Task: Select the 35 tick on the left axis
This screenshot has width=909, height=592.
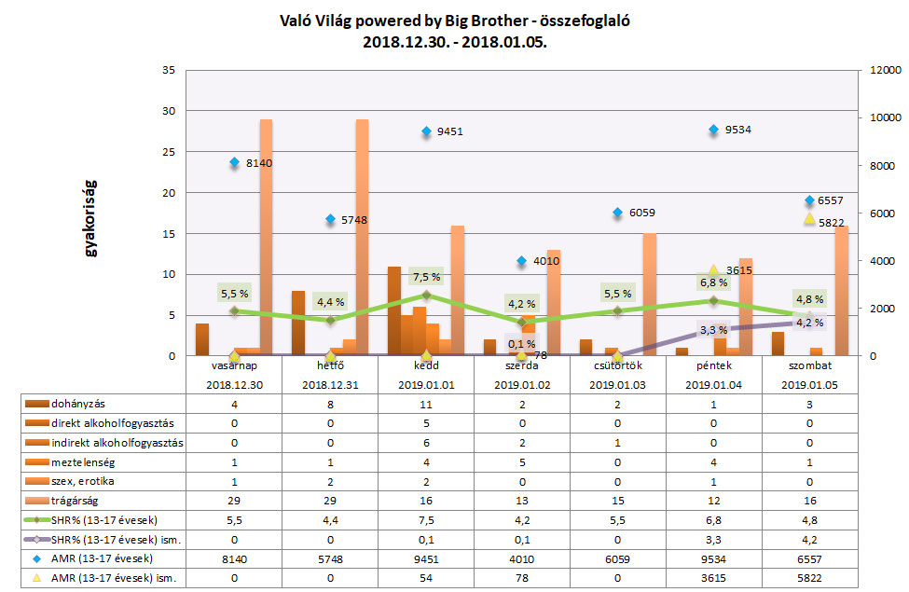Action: click(168, 70)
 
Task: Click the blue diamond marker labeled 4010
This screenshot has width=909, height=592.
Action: click(522, 261)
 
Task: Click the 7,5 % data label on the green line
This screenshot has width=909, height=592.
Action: click(426, 277)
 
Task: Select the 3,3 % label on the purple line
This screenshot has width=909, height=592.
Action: click(713, 330)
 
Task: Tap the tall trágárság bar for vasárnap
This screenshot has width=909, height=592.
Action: click(266, 238)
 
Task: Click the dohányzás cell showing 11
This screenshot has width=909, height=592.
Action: click(426, 402)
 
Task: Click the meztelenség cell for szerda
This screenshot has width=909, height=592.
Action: click(522, 461)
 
